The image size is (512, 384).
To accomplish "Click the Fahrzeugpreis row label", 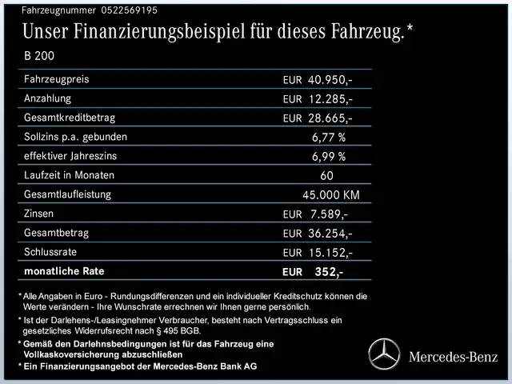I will [57, 79].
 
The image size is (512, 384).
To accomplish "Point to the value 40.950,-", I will [330, 80].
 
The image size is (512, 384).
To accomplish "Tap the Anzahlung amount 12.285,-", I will [330, 99].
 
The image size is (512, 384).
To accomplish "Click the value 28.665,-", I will [330, 118].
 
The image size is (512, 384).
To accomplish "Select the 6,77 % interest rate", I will [329, 138].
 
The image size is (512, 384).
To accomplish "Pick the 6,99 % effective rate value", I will [329, 157].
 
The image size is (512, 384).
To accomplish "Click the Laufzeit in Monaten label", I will [70, 175].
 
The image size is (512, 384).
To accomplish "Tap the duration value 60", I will [326, 176].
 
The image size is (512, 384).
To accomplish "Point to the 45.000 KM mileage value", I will [330, 195].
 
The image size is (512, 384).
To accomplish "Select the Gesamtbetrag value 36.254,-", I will [330, 234].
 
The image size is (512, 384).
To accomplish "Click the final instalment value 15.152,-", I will [330, 253].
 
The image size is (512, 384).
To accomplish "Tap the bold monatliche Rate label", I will [64, 271].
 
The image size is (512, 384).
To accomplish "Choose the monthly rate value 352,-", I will [329, 272].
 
